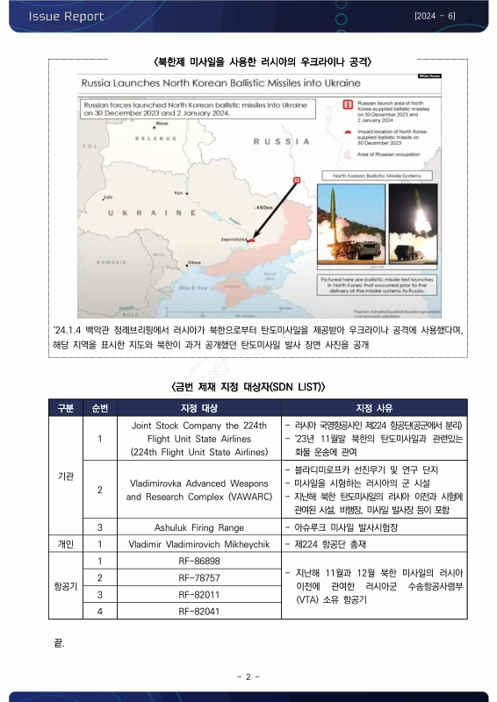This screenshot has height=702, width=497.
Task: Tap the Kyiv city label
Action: (178, 192)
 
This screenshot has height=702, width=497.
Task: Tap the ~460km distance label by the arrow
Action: (263, 207)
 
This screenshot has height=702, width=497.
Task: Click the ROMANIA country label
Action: (112, 261)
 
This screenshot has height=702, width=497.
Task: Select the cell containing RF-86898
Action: (198, 559)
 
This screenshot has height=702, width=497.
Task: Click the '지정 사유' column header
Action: (375, 408)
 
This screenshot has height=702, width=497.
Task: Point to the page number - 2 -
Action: (248, 677)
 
